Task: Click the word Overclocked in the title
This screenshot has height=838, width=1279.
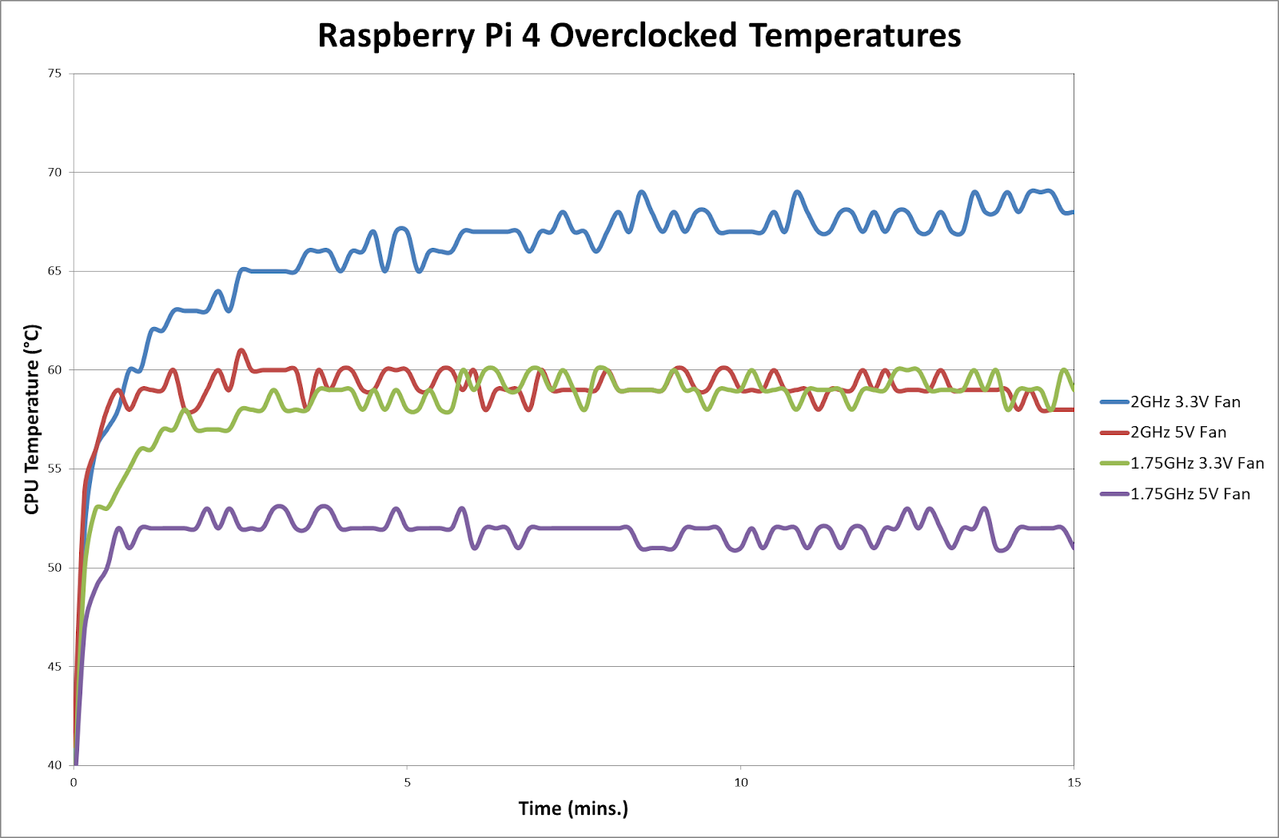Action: pos(643,36)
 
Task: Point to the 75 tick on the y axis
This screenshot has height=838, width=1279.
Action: pos(54,74)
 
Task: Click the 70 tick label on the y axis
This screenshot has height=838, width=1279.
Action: pos(54,172)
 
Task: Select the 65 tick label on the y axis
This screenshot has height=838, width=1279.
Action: pos(54,271)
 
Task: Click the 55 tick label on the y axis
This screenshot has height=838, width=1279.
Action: pos(54,469)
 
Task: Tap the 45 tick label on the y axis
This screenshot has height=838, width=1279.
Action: pos(54,666)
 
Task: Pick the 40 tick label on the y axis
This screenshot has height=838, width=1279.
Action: pos(54,765)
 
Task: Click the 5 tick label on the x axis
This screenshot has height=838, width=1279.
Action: pos(407,782)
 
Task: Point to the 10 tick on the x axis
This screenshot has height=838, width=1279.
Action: pos(741,782)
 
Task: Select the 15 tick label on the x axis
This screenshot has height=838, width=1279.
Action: pos(1074,782)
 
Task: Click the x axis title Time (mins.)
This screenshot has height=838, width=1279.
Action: pos(573,808)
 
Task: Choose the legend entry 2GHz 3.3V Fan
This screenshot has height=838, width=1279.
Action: pos(1185,402)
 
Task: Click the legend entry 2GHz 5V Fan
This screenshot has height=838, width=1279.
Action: pos(1177,433)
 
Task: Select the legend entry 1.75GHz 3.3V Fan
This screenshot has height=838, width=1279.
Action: pos(1197,463)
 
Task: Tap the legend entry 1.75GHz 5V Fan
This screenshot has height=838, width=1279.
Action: pos(1189,494)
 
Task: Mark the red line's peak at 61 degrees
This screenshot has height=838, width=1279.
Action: pos(241,350)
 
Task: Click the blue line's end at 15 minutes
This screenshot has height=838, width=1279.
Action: pos(1072,212)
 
